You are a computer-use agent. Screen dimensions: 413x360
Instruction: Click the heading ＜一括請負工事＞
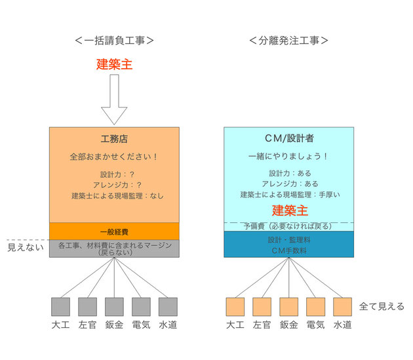click(114, 40)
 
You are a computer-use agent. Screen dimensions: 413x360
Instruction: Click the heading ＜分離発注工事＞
click(288, 40)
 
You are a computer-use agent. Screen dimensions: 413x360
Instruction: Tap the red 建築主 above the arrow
click(114, 64)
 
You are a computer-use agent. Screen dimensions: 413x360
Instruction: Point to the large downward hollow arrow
click(114, 100)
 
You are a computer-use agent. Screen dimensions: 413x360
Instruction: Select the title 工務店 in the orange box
click(114, 139)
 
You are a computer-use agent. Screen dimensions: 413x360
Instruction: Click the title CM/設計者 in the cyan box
click(289, 138)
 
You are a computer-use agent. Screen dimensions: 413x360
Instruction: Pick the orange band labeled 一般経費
click(114, 231)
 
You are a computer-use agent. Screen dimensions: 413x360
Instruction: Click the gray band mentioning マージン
click(114, 249)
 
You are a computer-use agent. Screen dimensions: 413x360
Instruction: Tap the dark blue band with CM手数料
click(289, 245)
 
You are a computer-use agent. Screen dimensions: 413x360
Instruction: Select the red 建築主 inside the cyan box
click(290, 211)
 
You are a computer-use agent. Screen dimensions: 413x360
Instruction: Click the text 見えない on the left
click(26, 247)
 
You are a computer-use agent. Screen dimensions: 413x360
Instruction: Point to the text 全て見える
click(382, 306)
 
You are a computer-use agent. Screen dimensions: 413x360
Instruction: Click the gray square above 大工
click(60, 307)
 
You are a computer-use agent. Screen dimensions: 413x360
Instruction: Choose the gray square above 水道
click(168, 307)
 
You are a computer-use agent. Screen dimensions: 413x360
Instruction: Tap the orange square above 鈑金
click(289, 307)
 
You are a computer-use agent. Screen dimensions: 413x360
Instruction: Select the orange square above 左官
click(262, 307)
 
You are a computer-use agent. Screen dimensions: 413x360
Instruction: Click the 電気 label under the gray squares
click(141, 325)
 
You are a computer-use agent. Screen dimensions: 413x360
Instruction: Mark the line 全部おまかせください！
click(114, 157)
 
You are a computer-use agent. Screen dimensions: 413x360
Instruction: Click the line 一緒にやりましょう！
click(288, 156)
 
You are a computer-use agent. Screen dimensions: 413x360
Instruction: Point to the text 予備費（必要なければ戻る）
click(288, 226)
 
